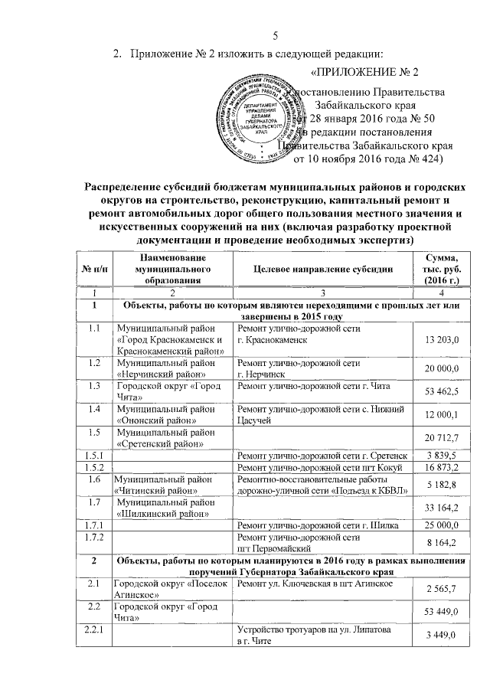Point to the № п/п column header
[94, 270]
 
